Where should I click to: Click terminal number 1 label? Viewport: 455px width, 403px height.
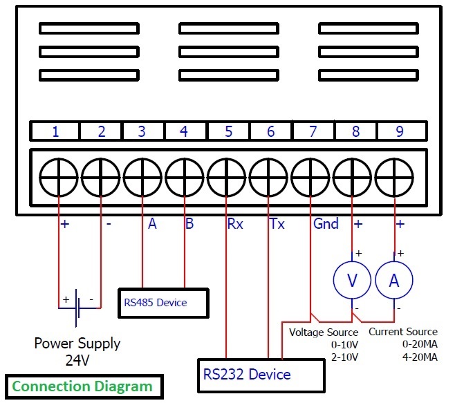55,131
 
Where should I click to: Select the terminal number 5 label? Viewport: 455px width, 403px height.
229,131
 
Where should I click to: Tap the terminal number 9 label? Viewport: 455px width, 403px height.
400,131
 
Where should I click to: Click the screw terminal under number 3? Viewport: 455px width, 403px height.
142,177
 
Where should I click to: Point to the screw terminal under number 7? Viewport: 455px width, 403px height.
310,177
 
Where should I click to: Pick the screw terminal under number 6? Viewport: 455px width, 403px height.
268,177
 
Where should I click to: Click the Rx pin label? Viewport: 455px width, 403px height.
235,224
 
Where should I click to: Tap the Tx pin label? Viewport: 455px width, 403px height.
277,224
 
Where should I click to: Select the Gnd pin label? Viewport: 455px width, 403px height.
326,224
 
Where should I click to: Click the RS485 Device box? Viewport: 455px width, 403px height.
164,303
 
